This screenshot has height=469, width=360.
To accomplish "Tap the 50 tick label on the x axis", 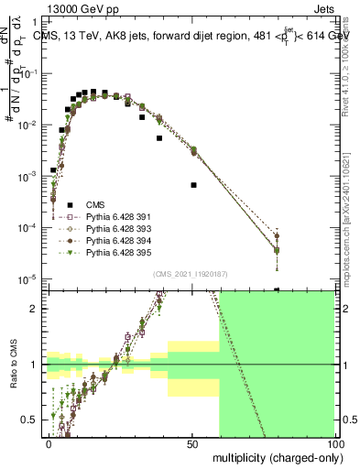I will coord(191,444).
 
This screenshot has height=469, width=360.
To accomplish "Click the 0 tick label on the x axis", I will coord(49,444).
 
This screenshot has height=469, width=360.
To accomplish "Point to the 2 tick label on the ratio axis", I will coord(34,309).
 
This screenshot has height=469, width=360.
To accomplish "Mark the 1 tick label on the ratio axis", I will coord(34,365).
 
